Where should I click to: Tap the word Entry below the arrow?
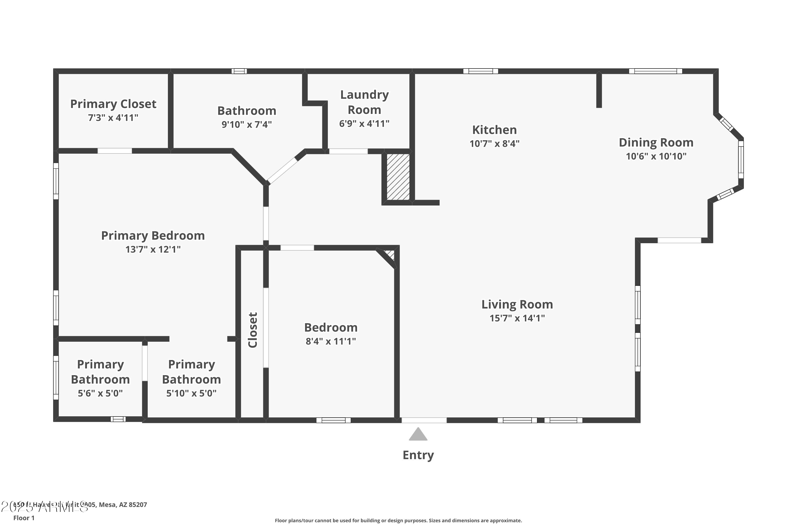click(418, 455)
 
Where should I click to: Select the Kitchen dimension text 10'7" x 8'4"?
click(494, 144)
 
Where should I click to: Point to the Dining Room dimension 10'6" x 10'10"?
click(656, 156)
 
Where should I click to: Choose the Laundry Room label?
click(364, 102)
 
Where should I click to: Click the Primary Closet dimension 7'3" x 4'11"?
click(113, 118)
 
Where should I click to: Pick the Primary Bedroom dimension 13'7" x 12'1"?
click(153, 249)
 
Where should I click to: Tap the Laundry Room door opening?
click(348, 151)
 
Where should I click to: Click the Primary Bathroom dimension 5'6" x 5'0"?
click(100, 393)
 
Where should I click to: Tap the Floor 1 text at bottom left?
click(24, 518)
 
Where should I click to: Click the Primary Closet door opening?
click(115, 151)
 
